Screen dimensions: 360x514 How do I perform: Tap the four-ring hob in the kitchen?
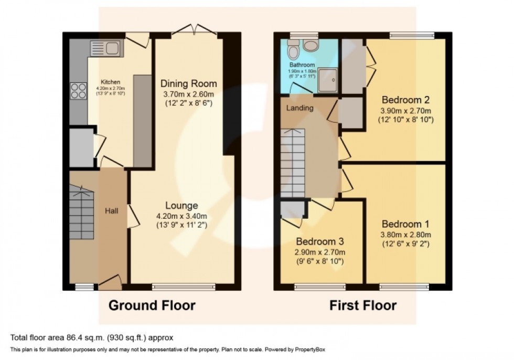[79, 91]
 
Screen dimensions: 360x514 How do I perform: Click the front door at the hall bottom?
[110, 283]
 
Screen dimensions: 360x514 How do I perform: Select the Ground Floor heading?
[152, 305]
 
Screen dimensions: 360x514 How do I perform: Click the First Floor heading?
[363, 305]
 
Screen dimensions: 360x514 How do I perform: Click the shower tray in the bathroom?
[327, 79]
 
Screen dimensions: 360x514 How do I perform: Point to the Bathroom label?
[302, 66]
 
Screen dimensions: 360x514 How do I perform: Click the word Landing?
[299, 108]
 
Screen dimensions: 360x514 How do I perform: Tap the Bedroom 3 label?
[320, 242]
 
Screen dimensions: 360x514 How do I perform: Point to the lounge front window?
[184, 287]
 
